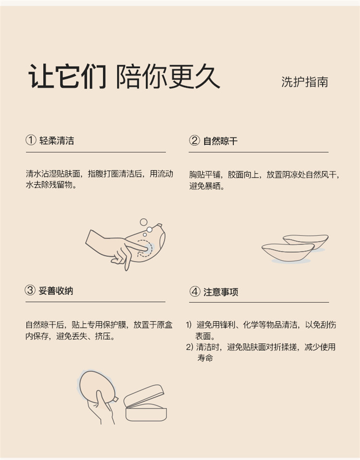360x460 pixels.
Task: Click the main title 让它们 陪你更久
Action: click(x=124, y=76)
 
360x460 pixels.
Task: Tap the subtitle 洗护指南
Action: click(x=304, y=82)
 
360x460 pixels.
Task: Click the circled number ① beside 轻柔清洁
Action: click(x=31, y=140)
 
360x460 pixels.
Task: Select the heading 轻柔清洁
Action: click(x=57, y=141)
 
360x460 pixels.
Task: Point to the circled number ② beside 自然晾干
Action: click(x=194, y=141)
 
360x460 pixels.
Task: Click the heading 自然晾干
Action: click(x=220, y=141)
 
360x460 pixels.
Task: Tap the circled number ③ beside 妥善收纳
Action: click(x=30, y=290)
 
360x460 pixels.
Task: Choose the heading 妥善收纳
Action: click(x=56, y=291)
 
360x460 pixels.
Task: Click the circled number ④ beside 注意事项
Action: click(x=195, y=292)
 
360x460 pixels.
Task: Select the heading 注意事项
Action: click(x=221, y=292)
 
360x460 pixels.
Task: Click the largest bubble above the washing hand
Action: click(x=144, y=222)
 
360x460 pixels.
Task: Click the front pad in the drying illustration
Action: click(x=288, y=252)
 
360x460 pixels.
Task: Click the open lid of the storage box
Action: click(x=144, y=395)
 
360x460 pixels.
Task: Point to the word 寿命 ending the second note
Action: click(x=205, y=358)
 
